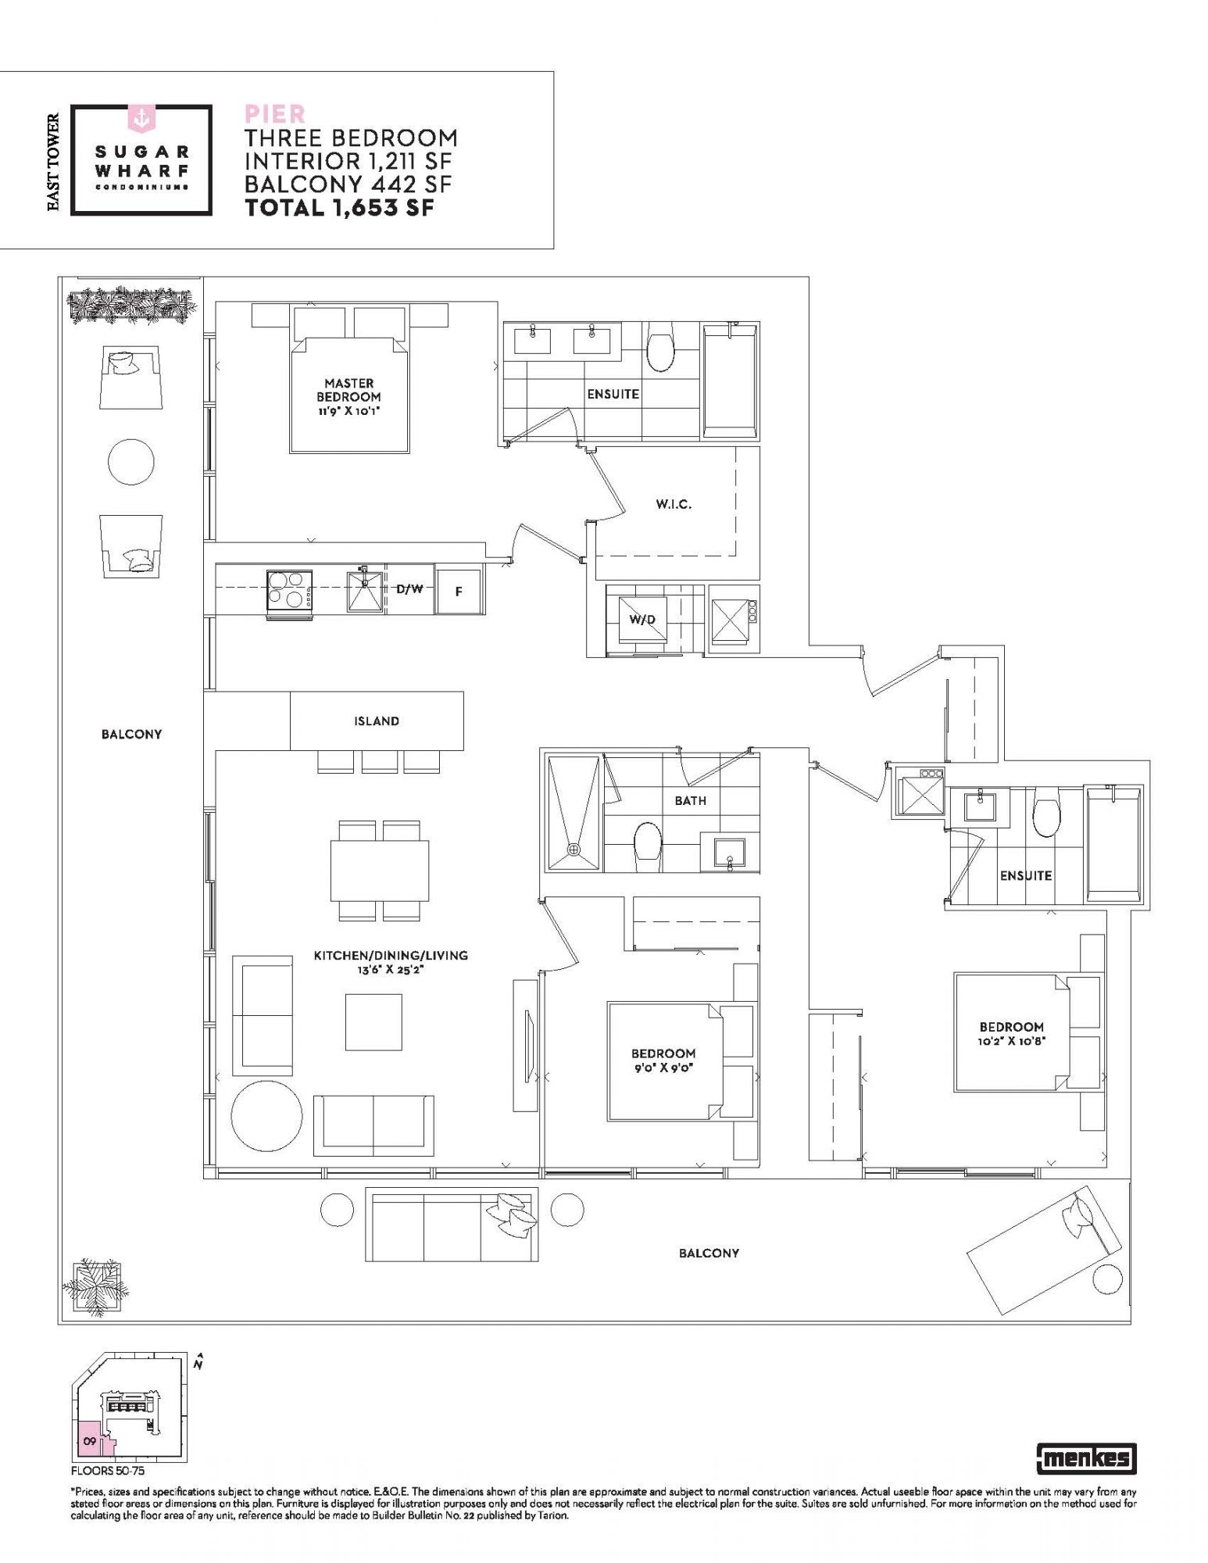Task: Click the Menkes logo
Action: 1086,1457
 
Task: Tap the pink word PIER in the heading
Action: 274,114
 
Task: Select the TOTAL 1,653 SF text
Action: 339,207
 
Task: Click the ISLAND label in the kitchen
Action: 377,721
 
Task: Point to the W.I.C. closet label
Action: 674,504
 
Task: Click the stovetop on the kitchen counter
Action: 290,590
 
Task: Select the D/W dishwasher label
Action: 409,589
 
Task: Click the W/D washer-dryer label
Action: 642,620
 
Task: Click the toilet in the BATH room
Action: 648,847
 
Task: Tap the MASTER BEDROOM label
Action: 349,390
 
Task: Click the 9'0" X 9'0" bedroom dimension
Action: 663,1068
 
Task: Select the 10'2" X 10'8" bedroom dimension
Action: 1011,1041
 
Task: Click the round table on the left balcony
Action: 131,461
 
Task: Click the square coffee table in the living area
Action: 373,1022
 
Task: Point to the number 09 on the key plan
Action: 90,1441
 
